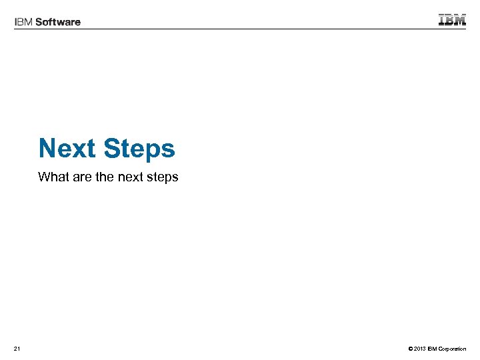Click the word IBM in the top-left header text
pyautogui.click(x=23, y=22)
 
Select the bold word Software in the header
pyautogui.click(x=57, y=22)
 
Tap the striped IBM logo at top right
pyautogui.click(x=452, y=19)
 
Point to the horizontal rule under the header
pyautogui.click(x=240, y=29)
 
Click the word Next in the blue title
pyautogui.click(x=67, y=148)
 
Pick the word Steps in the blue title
pyautogui.click(x=139, y=149)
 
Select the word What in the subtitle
pyautogui.click(x=52, y=177)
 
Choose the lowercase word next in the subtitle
pyautogui.click(x=131, y=177)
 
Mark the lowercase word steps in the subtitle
pyautogui.click(x=163, y=178)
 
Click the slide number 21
pyautogui.click(x=17, y=349)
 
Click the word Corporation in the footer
pyautogui.click(x=451, y=349)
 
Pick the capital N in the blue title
pyautogui.click(x=47, y=148)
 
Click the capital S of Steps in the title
pyautogui.click(x=111, y=148)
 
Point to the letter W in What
pyautogui.click(x=44, y=177)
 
